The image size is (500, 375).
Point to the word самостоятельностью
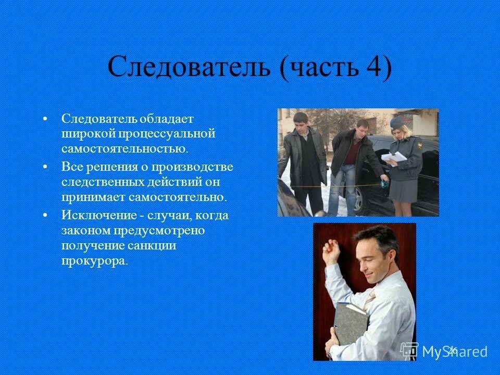click(124, 149)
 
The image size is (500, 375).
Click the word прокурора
click(94, 261)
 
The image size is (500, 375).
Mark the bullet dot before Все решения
click(46, 167)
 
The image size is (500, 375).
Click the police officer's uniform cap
click(397, 123)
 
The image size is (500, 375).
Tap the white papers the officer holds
click(393, 157)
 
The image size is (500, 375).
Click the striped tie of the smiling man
click(369, 302)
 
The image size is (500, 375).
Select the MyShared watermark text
click(454, 351)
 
